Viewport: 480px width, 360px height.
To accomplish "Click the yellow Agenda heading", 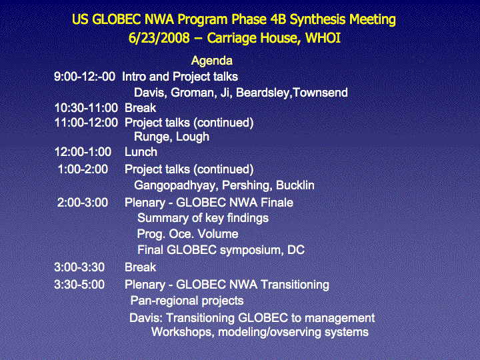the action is (x=212, y=61).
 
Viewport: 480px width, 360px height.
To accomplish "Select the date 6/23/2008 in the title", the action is (x=159, y=38).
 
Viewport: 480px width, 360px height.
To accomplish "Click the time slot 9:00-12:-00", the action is (x=85, y=77).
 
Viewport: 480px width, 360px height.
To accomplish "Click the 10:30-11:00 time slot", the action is (x=86, y=108).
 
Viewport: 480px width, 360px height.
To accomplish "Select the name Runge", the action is (x=149, y=137).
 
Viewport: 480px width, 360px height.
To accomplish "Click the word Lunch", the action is (x=141, y=152).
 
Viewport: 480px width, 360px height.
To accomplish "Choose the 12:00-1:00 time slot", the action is (x=83, y=152).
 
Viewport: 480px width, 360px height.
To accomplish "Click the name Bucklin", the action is (x=295, y=185).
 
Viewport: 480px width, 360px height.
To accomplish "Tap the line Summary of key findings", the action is (x=203, y=218).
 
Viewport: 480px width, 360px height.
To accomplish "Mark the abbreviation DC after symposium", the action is (x=296, y=250).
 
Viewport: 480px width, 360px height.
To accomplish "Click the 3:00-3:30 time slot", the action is (x=79, y=267).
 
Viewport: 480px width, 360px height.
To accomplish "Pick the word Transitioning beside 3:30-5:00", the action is (x=295, y=285).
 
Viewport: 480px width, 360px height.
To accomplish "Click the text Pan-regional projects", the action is (x=187, y=301).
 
